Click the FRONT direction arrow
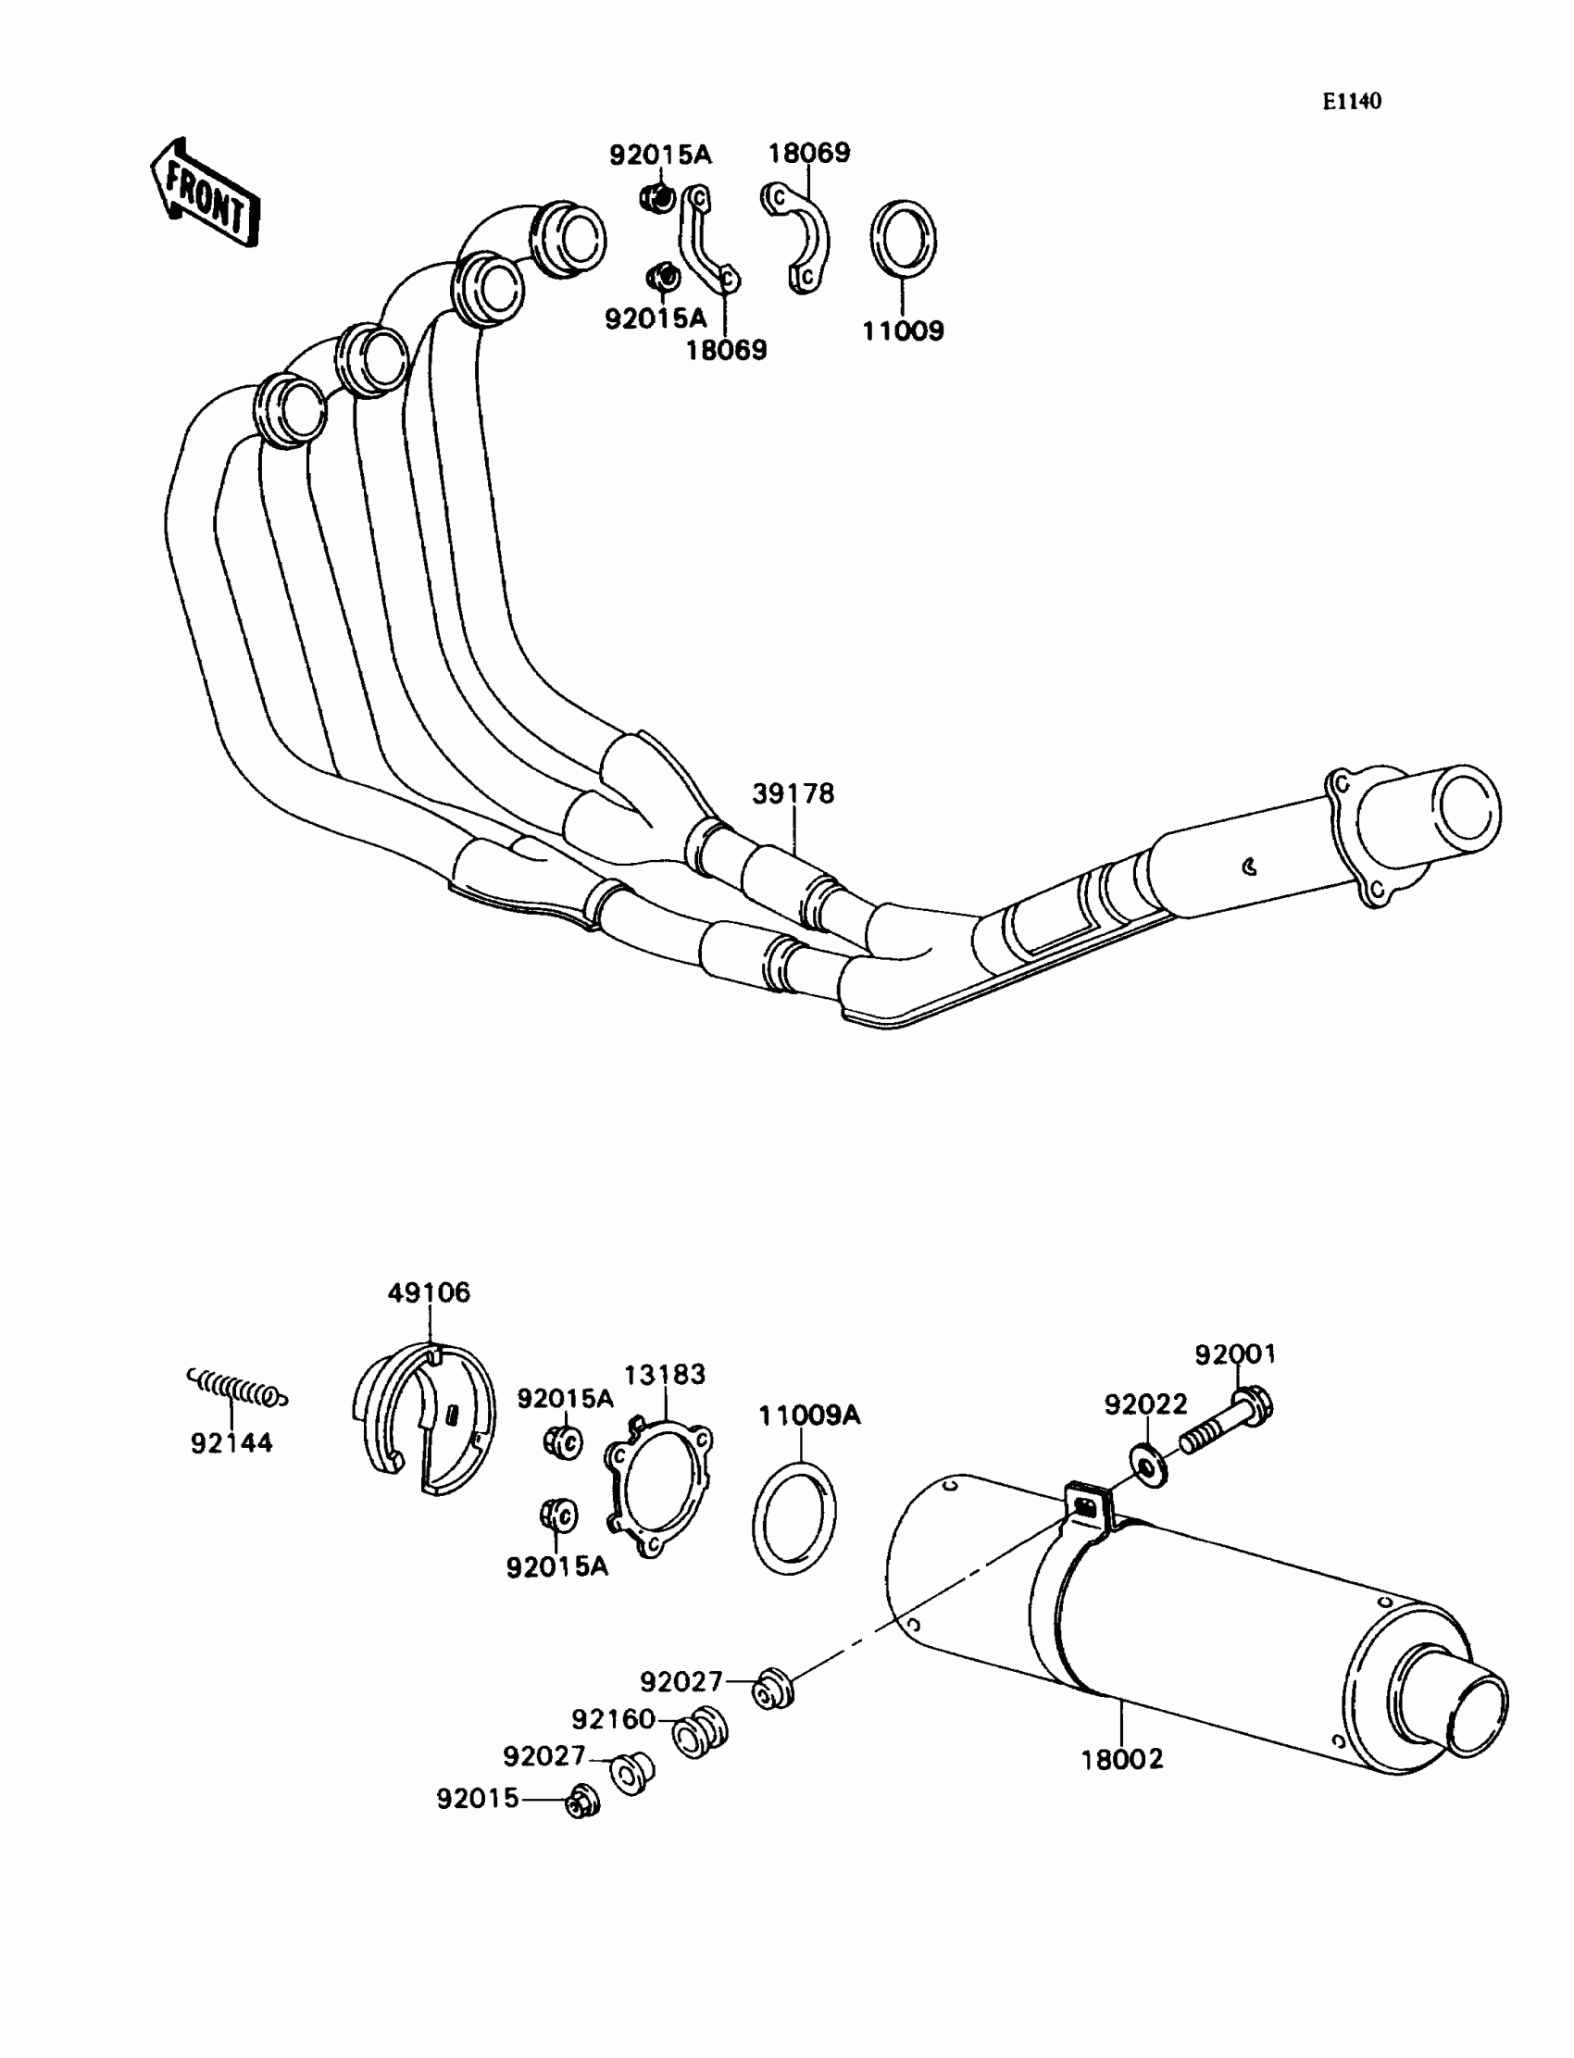click(x=205, y=193)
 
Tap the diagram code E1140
click(x=1351, y=102)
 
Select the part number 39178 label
click(x=793, y=793)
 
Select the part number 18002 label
click(x=1121, y=1759)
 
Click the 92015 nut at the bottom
click(x=581, y=1801)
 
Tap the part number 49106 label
click(x=429, y=1292)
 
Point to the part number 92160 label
click(x=613, y=1719)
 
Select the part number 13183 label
click(x=664, y=1374)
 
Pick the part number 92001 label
click(x=1235, y=1353)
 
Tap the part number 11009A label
click(x=808, y=1415)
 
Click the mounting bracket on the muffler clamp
click(x=1087, y=1505)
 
